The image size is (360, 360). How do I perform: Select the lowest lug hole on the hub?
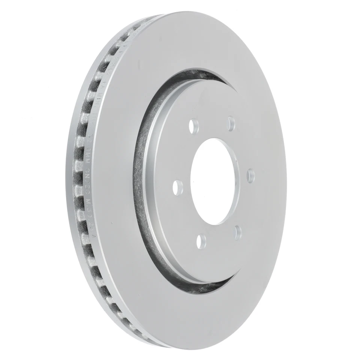click(x=201, y=238)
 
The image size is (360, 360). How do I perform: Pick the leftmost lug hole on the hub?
click(x=179, y=185)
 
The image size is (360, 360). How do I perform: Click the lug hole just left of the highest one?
click(x=194, y=126)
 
